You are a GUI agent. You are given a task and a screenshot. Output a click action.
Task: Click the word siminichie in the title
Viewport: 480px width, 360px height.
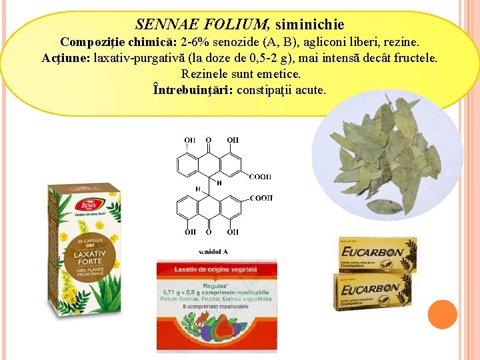click(x=309, y=25)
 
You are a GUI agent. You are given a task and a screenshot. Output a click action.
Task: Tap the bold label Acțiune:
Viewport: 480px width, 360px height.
click(x=66, y=57)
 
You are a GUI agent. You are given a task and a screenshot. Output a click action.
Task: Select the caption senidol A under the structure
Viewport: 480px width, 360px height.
click(x=213, y=251)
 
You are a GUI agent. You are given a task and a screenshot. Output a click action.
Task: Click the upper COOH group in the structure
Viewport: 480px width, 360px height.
click(x=260, y=176)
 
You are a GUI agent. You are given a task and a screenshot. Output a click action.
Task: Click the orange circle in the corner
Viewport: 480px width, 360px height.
click(x=442, y=314)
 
